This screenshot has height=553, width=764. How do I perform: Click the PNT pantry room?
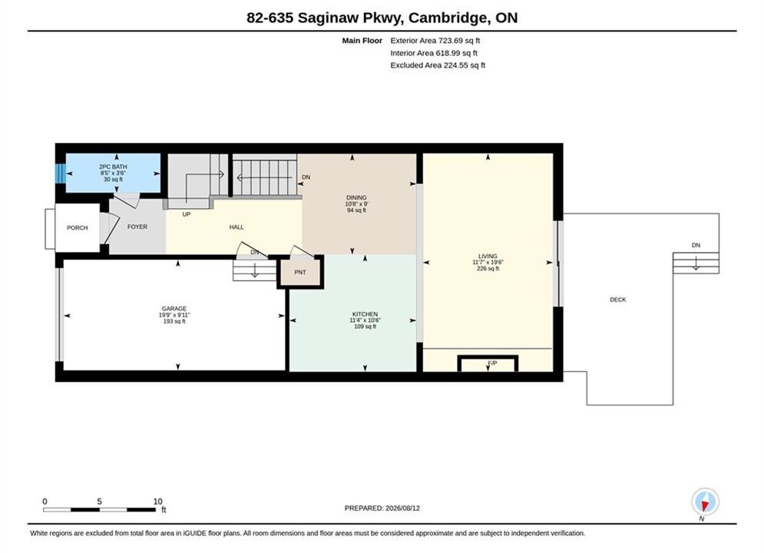click(x=300, y=272)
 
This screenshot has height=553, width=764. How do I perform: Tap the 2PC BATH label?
click(x=113, y=167)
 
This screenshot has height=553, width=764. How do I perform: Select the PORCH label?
click(x=78, y=227)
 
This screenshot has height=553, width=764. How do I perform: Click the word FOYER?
click(x=137, y=227)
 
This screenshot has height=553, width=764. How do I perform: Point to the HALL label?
click(x=236, y=227)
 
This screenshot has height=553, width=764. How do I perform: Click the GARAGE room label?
click(x=174, y=309)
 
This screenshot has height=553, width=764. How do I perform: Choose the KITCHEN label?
click(x=365, y=314)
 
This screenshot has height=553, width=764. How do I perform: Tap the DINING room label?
click(x=356, y=198)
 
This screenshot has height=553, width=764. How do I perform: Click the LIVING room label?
click(x=488, y=256)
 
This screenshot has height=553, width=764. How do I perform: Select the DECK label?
click(x=618, y=300)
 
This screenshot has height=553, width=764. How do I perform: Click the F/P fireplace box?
click(x=488, y=363)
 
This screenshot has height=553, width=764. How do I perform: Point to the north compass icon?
click(x=705, y=502)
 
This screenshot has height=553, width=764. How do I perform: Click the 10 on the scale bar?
click(x=157, y=502)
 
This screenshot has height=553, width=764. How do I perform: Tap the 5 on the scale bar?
click(x=99, y=502)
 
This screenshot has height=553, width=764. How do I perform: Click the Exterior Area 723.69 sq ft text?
click(x=435, y=41)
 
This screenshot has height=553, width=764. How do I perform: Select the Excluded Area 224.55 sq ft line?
click(x=438, y=65)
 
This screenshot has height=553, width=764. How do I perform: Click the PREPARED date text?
click(x=382, y=508)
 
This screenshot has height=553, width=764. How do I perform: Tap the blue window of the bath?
click(x=61, y=173)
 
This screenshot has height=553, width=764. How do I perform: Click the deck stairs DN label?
click(x=696, y=245)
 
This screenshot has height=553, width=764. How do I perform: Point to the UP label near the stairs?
click(x=186, y=214)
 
